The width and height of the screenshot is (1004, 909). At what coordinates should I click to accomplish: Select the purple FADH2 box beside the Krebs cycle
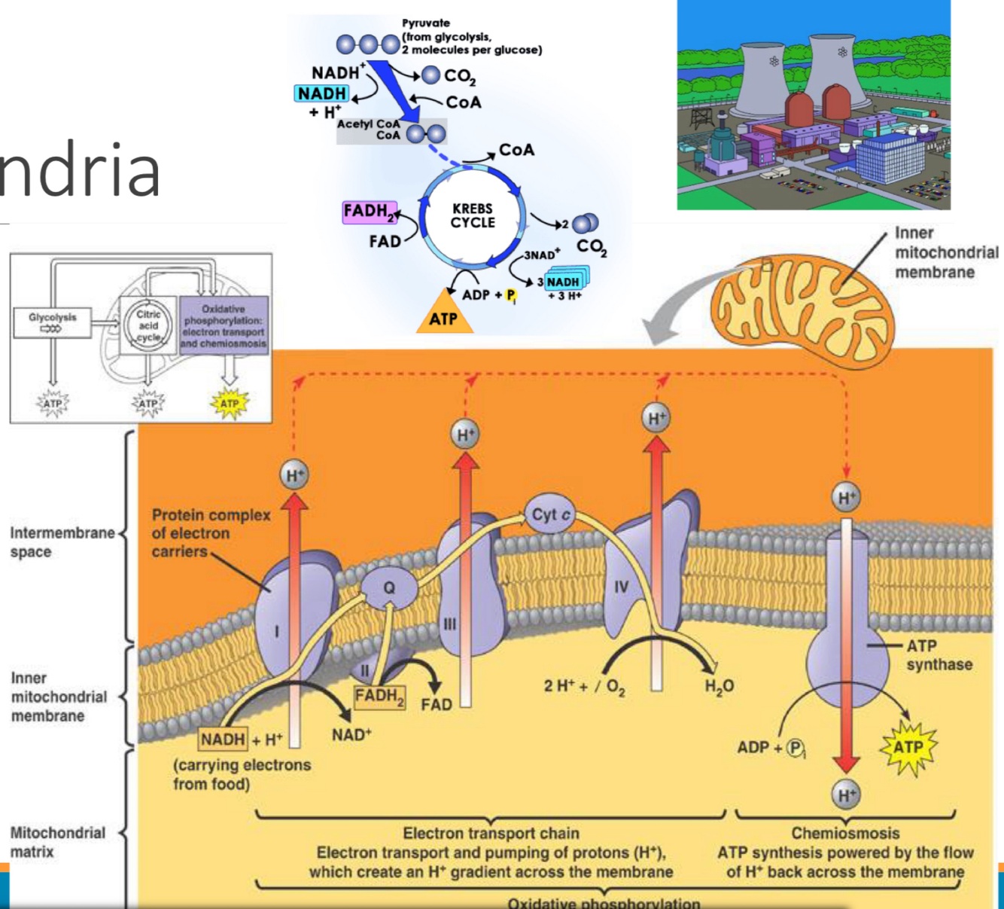pos(369,212)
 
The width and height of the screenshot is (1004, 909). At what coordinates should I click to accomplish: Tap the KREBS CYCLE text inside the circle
pos(473,215)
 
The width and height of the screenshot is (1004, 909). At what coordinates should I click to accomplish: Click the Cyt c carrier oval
pos(551,515)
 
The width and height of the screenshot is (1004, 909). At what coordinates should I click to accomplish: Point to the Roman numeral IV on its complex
pos(621,586)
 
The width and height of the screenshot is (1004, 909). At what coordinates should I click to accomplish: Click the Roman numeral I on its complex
pos(276,631)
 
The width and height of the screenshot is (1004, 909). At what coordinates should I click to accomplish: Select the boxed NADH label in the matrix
pos(223,739)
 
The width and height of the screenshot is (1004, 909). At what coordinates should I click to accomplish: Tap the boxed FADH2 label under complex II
pos(379,697)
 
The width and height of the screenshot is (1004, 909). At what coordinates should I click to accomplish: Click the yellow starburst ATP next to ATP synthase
pos(908,747)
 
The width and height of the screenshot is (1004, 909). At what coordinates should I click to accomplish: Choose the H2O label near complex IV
pos(719,685)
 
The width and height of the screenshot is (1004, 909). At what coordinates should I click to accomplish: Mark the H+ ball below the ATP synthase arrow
pos(847,795)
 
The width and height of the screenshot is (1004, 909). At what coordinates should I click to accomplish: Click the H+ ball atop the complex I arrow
pos(294,475)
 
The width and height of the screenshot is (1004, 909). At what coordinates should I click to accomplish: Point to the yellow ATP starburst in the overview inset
pos(229,404)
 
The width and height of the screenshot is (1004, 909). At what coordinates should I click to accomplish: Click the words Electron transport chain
pos(491,833)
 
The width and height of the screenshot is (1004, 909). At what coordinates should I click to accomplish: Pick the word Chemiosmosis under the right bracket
pos(845,833)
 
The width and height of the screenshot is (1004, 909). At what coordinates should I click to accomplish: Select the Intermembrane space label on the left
pos(62,541)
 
